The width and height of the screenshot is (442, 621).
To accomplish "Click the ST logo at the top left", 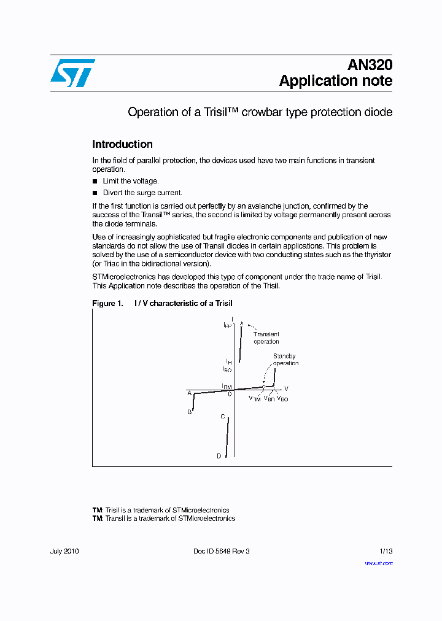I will click(x=72, y=73).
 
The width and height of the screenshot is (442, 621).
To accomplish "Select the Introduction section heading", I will click(x=122, y=144).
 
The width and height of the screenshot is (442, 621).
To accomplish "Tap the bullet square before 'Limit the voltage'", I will click(x=95, y=181).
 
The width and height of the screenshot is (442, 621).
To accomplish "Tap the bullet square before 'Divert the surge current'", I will click(x=95, y=193).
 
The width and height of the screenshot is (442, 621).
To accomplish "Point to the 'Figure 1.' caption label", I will click(x=104, y=304).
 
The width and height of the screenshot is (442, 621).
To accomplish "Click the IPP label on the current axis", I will click(x=227, y=325).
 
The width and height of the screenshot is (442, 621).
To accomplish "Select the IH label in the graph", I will click(x=228, y=362).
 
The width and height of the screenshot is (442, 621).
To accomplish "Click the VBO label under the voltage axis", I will click(x=282, y=399).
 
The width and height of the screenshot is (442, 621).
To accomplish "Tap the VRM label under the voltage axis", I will click(x=255, y=399).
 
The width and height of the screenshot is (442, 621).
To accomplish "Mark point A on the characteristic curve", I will click(x=190, y=393).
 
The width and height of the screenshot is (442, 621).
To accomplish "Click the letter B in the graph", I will click(x=190, y=412).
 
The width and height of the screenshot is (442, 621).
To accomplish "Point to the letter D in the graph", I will click(x=219, y=456).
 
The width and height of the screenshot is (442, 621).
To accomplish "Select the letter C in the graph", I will click(x=223, y=417).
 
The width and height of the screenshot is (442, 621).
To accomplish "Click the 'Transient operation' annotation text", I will click(x=266, y=338).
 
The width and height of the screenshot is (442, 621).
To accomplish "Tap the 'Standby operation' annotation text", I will click(x=285, y=360).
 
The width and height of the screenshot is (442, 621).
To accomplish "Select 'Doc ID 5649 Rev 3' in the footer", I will click(x=221, y=551).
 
